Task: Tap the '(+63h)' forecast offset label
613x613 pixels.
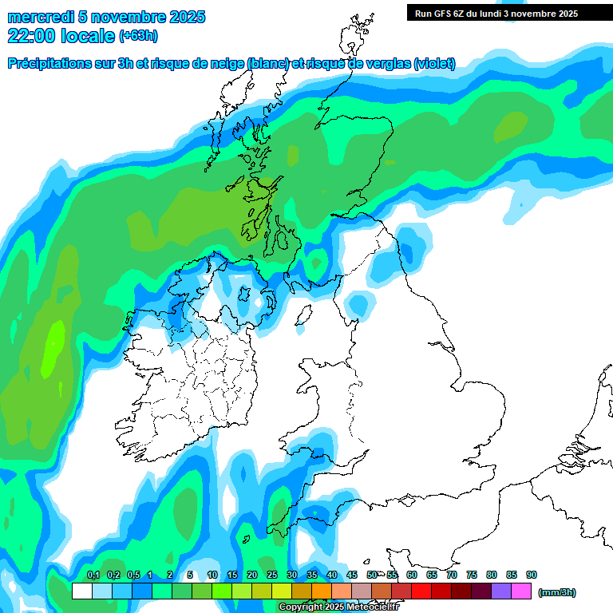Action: (x=138, y=35)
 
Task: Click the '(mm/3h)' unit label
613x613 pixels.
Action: (x=557, y=592)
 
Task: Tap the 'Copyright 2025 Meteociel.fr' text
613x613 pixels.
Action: (x=340, y=607)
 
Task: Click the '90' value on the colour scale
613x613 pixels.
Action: (x=532, y=575)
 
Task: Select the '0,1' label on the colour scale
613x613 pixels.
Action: (x=93, y=575)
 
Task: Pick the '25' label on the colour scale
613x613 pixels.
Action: (x=272, y=575)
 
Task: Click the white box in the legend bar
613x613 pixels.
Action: (x=81, y=591)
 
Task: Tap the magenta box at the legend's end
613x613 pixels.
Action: (x=522, y=591)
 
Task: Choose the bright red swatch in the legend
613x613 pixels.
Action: (x=421, y=591)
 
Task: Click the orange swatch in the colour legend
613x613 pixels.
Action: (x=322, y=591)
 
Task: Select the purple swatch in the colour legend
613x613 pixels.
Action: (x=501, y=591)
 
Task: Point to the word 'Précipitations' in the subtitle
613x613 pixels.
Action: (x=48, y=64)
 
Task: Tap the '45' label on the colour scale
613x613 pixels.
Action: (x=352, y=575)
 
